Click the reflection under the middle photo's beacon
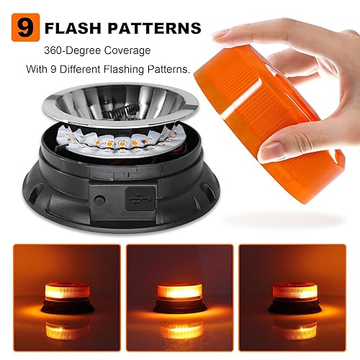180,330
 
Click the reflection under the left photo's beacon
63,330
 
